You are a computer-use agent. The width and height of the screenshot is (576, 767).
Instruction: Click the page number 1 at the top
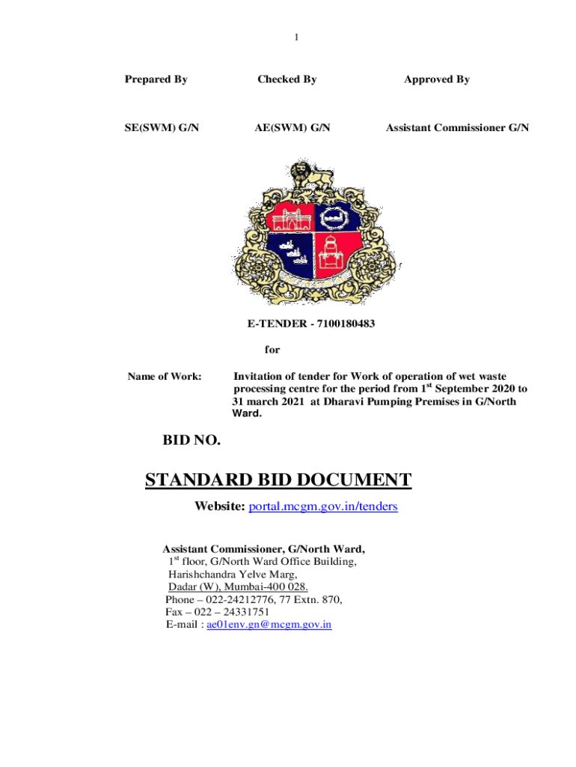click(296, 37)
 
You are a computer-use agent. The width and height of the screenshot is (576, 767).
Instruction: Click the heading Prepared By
click(156, 79)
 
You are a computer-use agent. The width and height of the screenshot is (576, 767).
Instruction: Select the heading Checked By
click(287, 79)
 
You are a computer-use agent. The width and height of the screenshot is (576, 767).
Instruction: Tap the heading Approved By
click(437, 79)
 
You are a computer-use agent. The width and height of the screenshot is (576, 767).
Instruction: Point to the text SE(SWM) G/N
click(162, 128)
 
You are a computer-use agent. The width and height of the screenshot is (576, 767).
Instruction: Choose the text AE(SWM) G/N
click(292, 128)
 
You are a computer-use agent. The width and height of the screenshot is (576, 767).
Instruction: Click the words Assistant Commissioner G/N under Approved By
click(457, 128)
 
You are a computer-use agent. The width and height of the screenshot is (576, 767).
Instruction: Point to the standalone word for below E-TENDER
click(272, 349)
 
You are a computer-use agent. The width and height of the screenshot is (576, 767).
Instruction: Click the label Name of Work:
click(164, 377)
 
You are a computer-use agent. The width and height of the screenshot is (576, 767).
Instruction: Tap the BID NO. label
click(192, 441)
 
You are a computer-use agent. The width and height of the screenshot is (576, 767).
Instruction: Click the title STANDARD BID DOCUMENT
click(278, 480)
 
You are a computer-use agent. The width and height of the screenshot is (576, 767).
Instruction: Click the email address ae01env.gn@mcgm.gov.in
click(269, 624)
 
